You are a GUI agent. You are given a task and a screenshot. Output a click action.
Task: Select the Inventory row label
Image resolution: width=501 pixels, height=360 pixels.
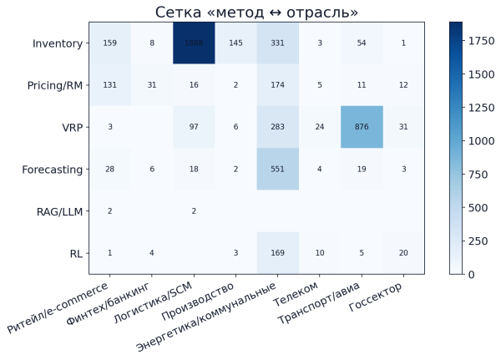pos(58,43)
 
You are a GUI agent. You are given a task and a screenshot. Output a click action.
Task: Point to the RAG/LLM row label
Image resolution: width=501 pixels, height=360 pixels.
pos(61,211)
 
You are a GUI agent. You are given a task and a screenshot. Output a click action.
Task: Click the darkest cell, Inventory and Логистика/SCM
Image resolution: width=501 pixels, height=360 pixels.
pos(194,43)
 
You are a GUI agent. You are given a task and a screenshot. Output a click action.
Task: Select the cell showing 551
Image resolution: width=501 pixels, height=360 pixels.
pos(278,169)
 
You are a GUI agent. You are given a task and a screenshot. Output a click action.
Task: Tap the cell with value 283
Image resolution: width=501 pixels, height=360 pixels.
pos(278,127)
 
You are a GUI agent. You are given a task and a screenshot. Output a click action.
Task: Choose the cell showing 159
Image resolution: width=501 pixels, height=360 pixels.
pos(109,43)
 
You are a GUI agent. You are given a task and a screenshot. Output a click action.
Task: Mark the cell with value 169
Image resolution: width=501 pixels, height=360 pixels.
pos(278,253)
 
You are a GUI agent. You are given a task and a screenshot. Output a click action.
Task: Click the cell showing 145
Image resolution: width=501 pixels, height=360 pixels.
pos(236,43)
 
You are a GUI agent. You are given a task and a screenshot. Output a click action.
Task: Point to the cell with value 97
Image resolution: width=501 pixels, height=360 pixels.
pos(194,127)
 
